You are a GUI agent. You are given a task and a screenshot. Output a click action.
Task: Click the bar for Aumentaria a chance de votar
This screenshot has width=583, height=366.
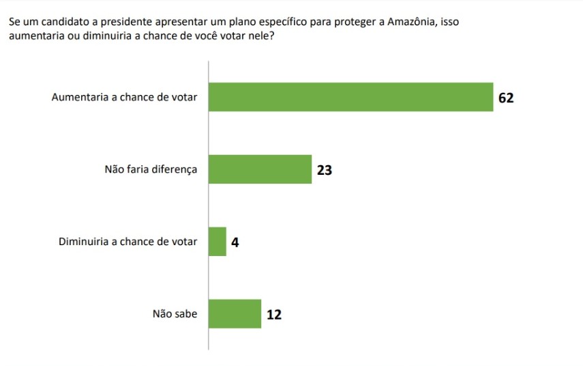coord(350,97)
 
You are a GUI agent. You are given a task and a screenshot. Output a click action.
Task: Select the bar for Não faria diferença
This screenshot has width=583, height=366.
coord(260,169)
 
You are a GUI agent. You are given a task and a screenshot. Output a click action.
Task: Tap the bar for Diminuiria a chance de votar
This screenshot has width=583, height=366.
coord(217,242)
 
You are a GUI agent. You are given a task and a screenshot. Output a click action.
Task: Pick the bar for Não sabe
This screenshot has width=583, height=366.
coord(235,314)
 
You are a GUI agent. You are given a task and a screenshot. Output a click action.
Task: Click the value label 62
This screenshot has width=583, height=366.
coord(505,98)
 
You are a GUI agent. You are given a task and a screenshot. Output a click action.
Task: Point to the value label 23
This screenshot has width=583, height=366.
coord(325,170)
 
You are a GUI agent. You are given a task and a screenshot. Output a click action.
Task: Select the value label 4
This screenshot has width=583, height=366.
coord(235,242)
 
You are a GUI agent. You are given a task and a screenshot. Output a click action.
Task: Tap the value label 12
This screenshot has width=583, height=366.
coord(274,315)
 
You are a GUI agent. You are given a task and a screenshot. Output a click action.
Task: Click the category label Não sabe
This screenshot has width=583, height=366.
coord(175,314)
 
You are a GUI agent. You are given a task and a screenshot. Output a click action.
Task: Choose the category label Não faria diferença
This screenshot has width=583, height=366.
coord(151,169)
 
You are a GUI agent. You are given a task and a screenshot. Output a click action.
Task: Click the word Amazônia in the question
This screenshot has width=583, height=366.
coord(412,22)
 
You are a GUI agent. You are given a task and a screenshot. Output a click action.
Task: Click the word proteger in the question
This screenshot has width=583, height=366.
coord(355,22)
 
